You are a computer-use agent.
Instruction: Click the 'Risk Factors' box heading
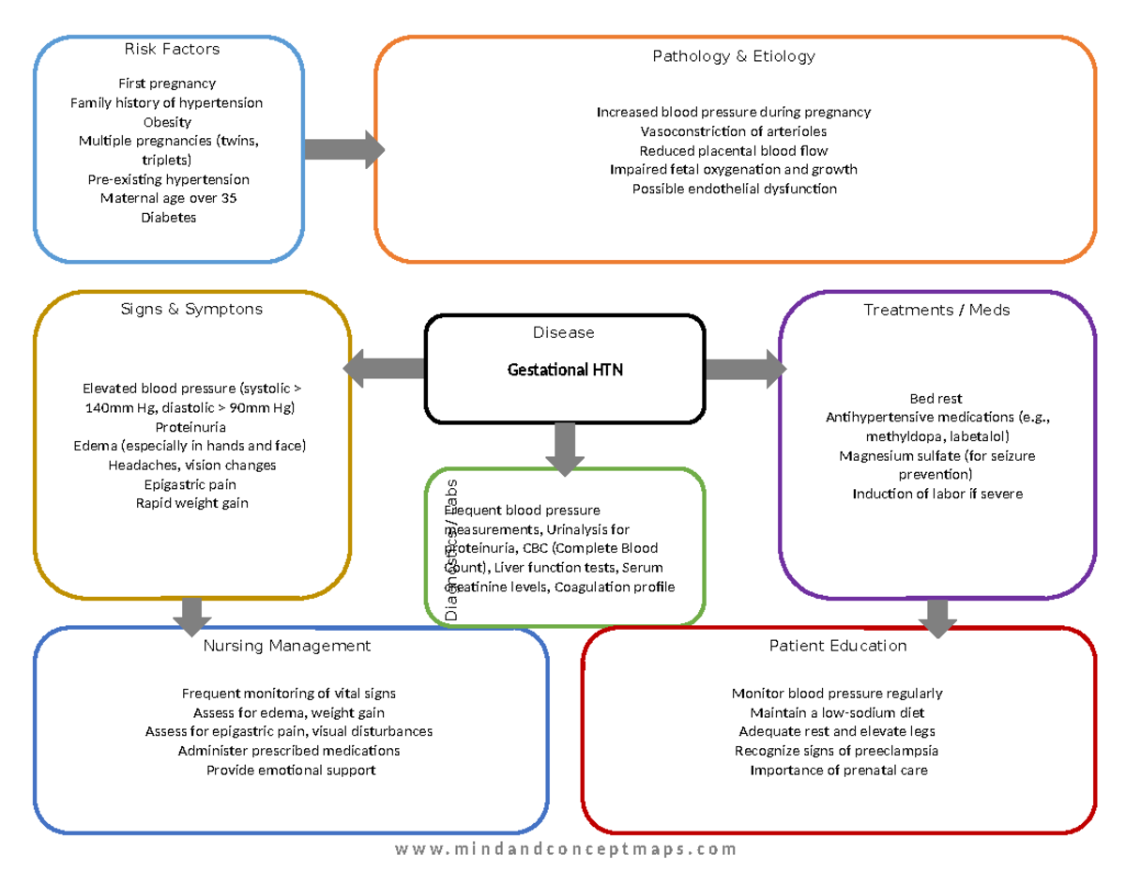[x=172, y=49]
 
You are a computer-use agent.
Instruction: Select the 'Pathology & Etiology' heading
[x=734, y=56]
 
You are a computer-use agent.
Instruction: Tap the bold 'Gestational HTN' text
[x=565, y=370]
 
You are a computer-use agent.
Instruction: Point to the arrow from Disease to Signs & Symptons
[x=384, y=369]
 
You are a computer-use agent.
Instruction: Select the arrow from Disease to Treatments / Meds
[x=745, y=369]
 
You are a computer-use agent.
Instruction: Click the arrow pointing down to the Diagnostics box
[x=565, y=449]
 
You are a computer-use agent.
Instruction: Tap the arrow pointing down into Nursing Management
[x=192, y=616]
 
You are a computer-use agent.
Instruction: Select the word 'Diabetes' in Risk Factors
[x=168, y=218]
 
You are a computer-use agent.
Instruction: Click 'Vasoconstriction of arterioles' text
[x=733, y=131]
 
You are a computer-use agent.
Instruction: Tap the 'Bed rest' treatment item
[x=936, y=399]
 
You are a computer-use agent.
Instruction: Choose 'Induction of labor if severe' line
[x=937, y=494]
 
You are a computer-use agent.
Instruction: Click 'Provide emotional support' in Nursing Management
[x=291, y=771]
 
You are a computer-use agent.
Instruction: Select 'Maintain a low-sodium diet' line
[x=837, y=712]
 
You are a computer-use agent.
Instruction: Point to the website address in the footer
[x=565, y=848]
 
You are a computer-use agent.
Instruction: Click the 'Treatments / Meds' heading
[x=936, y=310]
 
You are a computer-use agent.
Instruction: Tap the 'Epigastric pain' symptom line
[x=190, y=484]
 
